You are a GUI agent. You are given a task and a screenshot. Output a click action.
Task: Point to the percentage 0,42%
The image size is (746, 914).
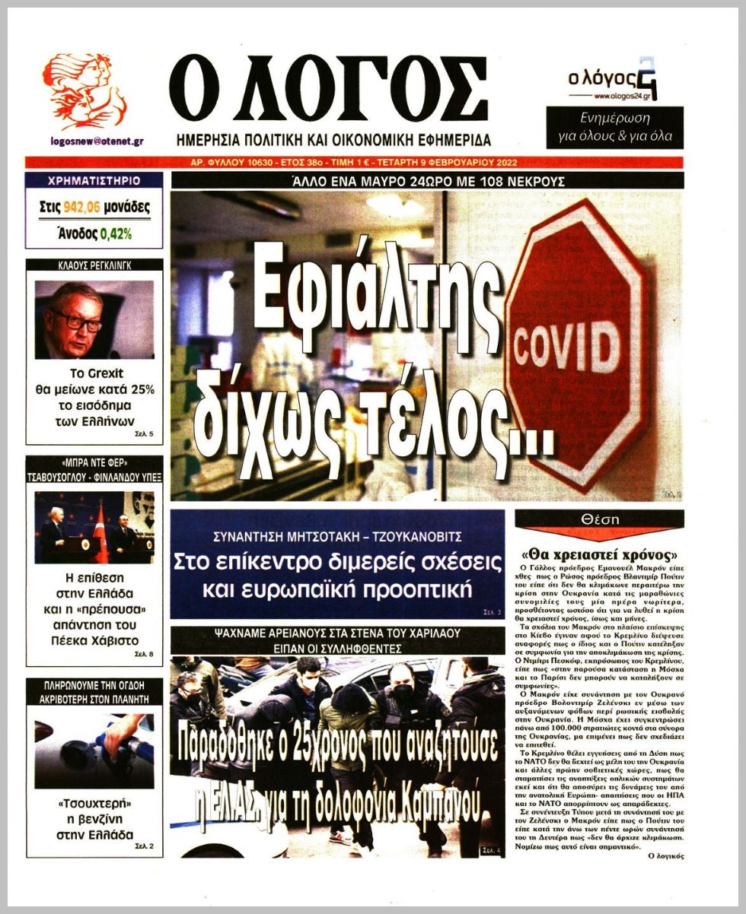116,234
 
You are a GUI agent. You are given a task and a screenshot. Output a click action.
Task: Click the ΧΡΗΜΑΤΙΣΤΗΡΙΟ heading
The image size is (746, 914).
94,181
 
